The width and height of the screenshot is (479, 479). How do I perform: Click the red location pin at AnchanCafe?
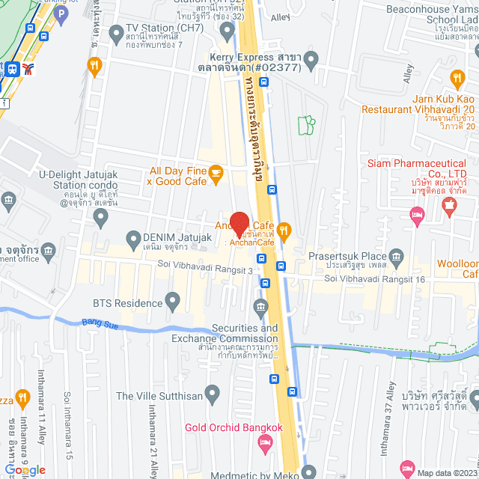[239, 223]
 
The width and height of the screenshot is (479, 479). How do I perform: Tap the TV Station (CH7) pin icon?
[115, 34]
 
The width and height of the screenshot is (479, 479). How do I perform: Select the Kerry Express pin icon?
[313, 58]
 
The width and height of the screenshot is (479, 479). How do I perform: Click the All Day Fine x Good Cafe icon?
[216, 174]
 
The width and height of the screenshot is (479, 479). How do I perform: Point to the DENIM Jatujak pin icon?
[134, 241]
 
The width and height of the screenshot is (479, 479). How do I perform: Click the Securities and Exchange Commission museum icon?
[260, 306]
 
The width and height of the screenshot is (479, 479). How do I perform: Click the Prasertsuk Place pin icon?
[396, 257]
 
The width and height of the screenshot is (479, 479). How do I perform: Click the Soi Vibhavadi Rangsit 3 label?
[205, 264]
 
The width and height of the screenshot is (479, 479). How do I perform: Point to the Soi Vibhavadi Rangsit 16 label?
[374, 279]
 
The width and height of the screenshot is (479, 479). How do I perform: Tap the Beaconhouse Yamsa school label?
[432, 15]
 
